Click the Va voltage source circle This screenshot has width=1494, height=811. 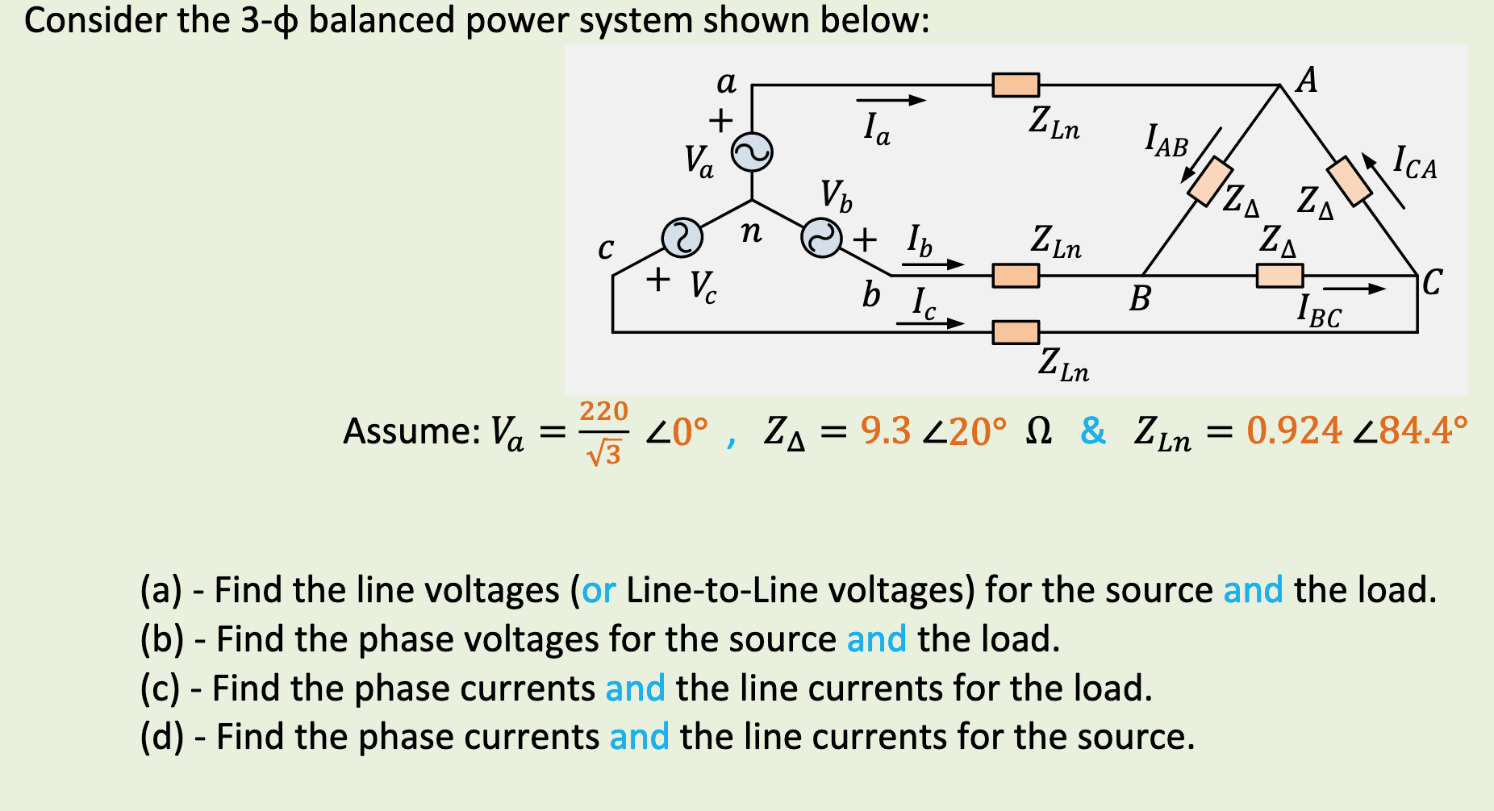[751, 152]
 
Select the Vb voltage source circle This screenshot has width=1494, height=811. [821, 238]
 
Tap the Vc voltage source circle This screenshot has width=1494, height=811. [682, 238]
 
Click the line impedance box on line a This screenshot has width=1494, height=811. [1016, 85]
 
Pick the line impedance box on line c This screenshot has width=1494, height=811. [1016, 332]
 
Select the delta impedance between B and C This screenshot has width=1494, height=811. [1279, 276]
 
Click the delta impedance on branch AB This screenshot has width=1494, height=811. [1210, 181]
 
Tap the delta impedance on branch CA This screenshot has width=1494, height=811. [1350, 181]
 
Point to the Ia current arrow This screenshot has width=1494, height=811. [891, 101]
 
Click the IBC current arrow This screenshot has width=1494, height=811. [1354, 289]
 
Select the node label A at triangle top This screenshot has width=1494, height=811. [1307, 80]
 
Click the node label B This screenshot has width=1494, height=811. [1139, 299]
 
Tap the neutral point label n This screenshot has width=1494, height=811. [751, 232]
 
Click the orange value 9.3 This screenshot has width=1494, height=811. [885, 430]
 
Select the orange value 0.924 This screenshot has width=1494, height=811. [1293, 430]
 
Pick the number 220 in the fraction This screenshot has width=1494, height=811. [603, 411]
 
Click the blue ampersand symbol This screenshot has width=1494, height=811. [1093, 430]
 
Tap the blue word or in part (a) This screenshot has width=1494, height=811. [599, 590]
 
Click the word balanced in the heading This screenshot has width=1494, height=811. [382, 19]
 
